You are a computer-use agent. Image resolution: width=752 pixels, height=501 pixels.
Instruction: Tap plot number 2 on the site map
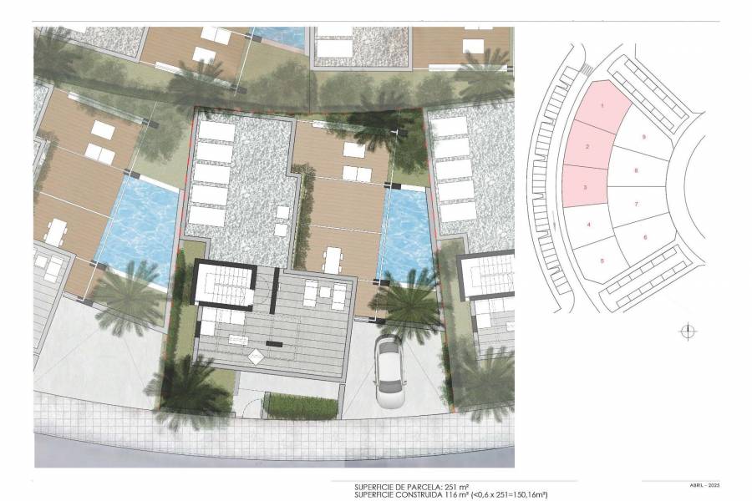coord(588,147)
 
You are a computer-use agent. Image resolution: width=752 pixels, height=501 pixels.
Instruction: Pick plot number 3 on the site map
coord(585,188)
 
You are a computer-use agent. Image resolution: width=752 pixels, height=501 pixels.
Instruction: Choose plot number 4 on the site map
coord(589,225)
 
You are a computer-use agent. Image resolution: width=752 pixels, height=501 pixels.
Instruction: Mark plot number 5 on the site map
coord(602,261)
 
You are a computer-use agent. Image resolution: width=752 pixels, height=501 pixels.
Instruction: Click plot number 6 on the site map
coord(646,236)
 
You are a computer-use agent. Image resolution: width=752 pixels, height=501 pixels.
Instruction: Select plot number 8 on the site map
coord(637,170)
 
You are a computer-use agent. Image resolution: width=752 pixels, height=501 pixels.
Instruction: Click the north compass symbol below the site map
coord(687,331)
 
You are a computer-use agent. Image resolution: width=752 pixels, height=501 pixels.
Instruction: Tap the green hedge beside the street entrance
coord(289,406)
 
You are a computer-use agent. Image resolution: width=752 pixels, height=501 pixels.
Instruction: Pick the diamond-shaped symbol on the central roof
coord(255,357)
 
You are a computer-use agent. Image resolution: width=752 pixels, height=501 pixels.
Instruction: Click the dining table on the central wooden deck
coord(333,258)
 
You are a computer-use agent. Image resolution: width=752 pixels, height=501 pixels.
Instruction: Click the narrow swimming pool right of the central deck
coord(406,233)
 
